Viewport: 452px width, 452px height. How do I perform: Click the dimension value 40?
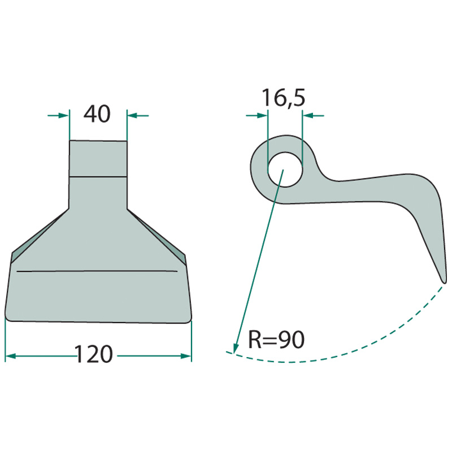click(x=97, y=114)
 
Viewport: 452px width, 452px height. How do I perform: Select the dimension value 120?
click(x=93, y=354)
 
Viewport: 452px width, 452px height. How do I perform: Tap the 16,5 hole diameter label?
click(x=283, y=98)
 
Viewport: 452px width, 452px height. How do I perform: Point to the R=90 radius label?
click(x=276, y=340)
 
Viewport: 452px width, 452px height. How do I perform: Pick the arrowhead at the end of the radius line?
click(x=236, y=347)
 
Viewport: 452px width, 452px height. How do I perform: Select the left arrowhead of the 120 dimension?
click(x=11, y=356)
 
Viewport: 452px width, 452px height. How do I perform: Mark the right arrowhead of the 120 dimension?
click(x=186, y=356)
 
